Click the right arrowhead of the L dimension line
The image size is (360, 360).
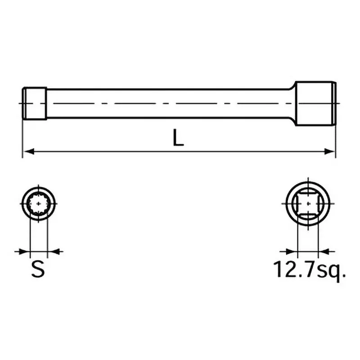tap(332, 152)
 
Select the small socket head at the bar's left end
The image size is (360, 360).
tap(35, 103)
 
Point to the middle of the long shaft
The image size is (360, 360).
tap(171, 103)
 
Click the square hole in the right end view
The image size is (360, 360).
tap(308, 204)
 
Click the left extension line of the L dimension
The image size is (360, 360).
tap(22, 135)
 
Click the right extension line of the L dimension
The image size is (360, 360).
tap(336, 135)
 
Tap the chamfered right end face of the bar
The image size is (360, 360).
tap(334, 103)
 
